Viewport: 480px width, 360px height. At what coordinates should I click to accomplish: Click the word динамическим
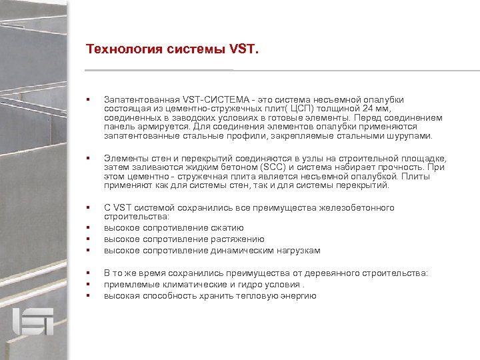tap(249, 251)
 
